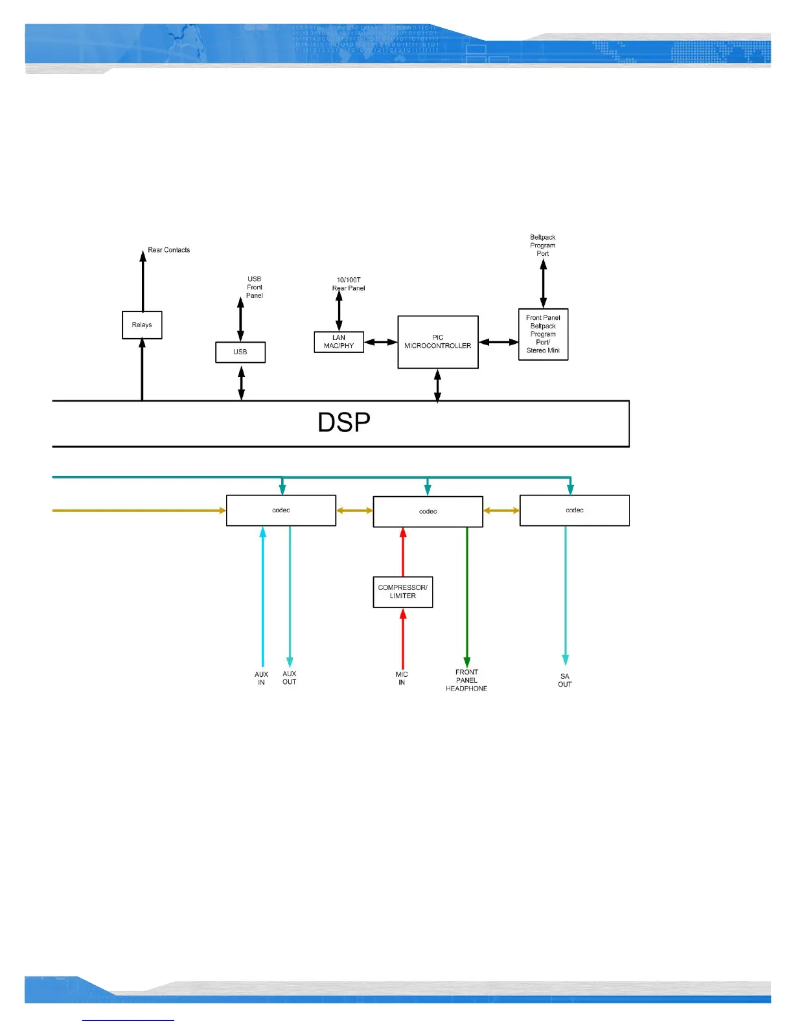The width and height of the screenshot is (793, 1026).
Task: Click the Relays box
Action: tap(142, 325)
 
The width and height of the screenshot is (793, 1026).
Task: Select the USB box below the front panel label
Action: tap(240, 352)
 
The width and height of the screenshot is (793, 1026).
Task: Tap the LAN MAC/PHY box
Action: tap(339, 342)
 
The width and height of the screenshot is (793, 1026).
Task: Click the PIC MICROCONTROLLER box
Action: tap(438, 342)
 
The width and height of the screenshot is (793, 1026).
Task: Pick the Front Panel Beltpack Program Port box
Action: tap(543, 334)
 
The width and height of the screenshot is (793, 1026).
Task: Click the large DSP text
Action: tap(344, 423)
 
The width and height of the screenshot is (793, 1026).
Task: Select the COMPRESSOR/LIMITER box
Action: tap(403, 592)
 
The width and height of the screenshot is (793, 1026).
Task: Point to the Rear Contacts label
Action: tap(168, 250)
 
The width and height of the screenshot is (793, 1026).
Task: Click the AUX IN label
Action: tap(261, 678)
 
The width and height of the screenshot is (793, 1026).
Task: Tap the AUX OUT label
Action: tap(290, 678)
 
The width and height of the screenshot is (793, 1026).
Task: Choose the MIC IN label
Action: tap(402, 678)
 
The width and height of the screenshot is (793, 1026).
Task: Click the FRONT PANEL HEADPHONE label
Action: tap(466, 680)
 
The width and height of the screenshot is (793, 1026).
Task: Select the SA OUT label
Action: tap(565, 680)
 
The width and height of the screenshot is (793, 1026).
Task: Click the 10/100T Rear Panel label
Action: tap(349, 284)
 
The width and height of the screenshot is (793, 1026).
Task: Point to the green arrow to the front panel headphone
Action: tap(467, 596)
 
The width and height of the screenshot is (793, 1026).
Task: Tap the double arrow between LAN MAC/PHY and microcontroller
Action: tap(381, 342)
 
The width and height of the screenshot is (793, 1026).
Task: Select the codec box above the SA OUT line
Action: tap(575, 510)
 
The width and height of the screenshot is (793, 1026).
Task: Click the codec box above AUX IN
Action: tap(281, 510)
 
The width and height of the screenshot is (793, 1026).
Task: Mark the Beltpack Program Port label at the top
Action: tap(543, 245)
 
